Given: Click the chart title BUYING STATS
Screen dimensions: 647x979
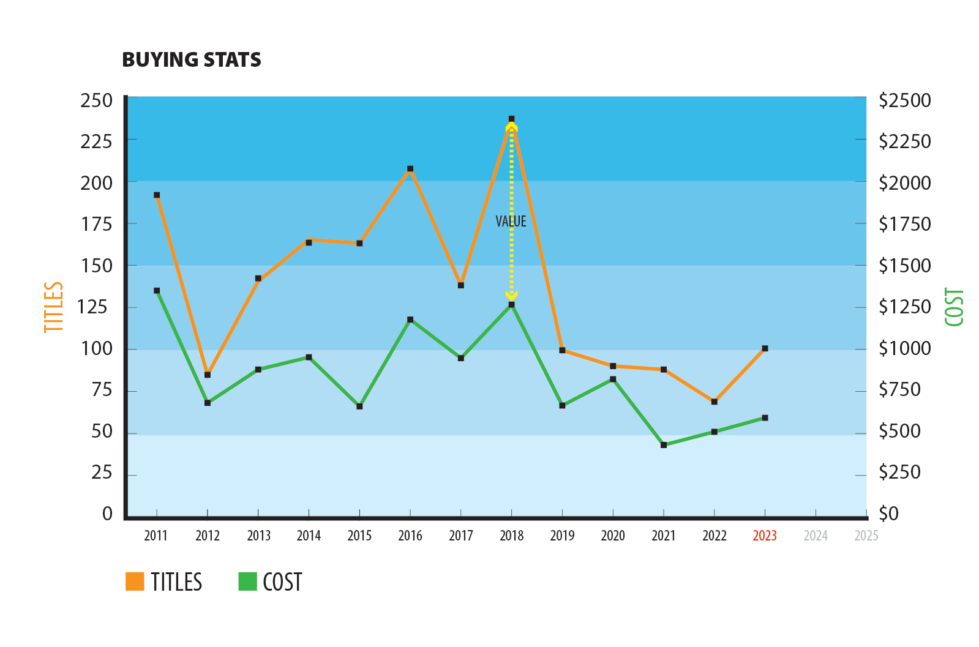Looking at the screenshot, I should (x=192, y=60).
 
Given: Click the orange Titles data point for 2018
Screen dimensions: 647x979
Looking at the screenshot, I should (x=511, y=119).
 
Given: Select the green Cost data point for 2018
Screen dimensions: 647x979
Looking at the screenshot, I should (x=511, y=304).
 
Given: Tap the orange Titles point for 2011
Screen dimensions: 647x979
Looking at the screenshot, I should (x=157, y=195).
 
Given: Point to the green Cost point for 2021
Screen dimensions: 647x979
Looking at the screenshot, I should (x=664, y=445).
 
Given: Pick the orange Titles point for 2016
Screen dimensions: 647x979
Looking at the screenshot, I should (x=410, y=169).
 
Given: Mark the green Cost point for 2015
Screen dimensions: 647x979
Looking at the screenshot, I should (x=359, y=406).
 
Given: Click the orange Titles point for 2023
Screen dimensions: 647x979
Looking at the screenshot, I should (x=765, y=348).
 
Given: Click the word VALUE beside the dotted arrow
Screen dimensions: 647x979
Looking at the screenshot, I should (x=511, y=222).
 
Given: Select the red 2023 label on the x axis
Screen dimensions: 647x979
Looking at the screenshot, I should (x=765, y=536).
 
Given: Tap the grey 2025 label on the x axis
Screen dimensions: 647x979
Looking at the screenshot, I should (x=866, y=536).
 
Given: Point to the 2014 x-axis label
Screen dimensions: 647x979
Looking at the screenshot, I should (x=309, y=536).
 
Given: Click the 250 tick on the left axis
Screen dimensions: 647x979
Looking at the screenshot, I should (x=97, y=100).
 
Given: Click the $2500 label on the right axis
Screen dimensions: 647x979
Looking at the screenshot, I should (x=904, y=100).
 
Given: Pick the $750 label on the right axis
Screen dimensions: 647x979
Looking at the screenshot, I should (x=899, y=389).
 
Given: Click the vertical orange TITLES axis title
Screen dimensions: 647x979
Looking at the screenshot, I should (x=54, y=307).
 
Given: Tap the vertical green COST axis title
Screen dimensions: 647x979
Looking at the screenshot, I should (x=954, y=307).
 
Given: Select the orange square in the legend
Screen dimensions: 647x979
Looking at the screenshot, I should (x=135, y=582).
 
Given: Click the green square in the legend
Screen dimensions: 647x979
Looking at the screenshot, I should (x=247, y=582).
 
